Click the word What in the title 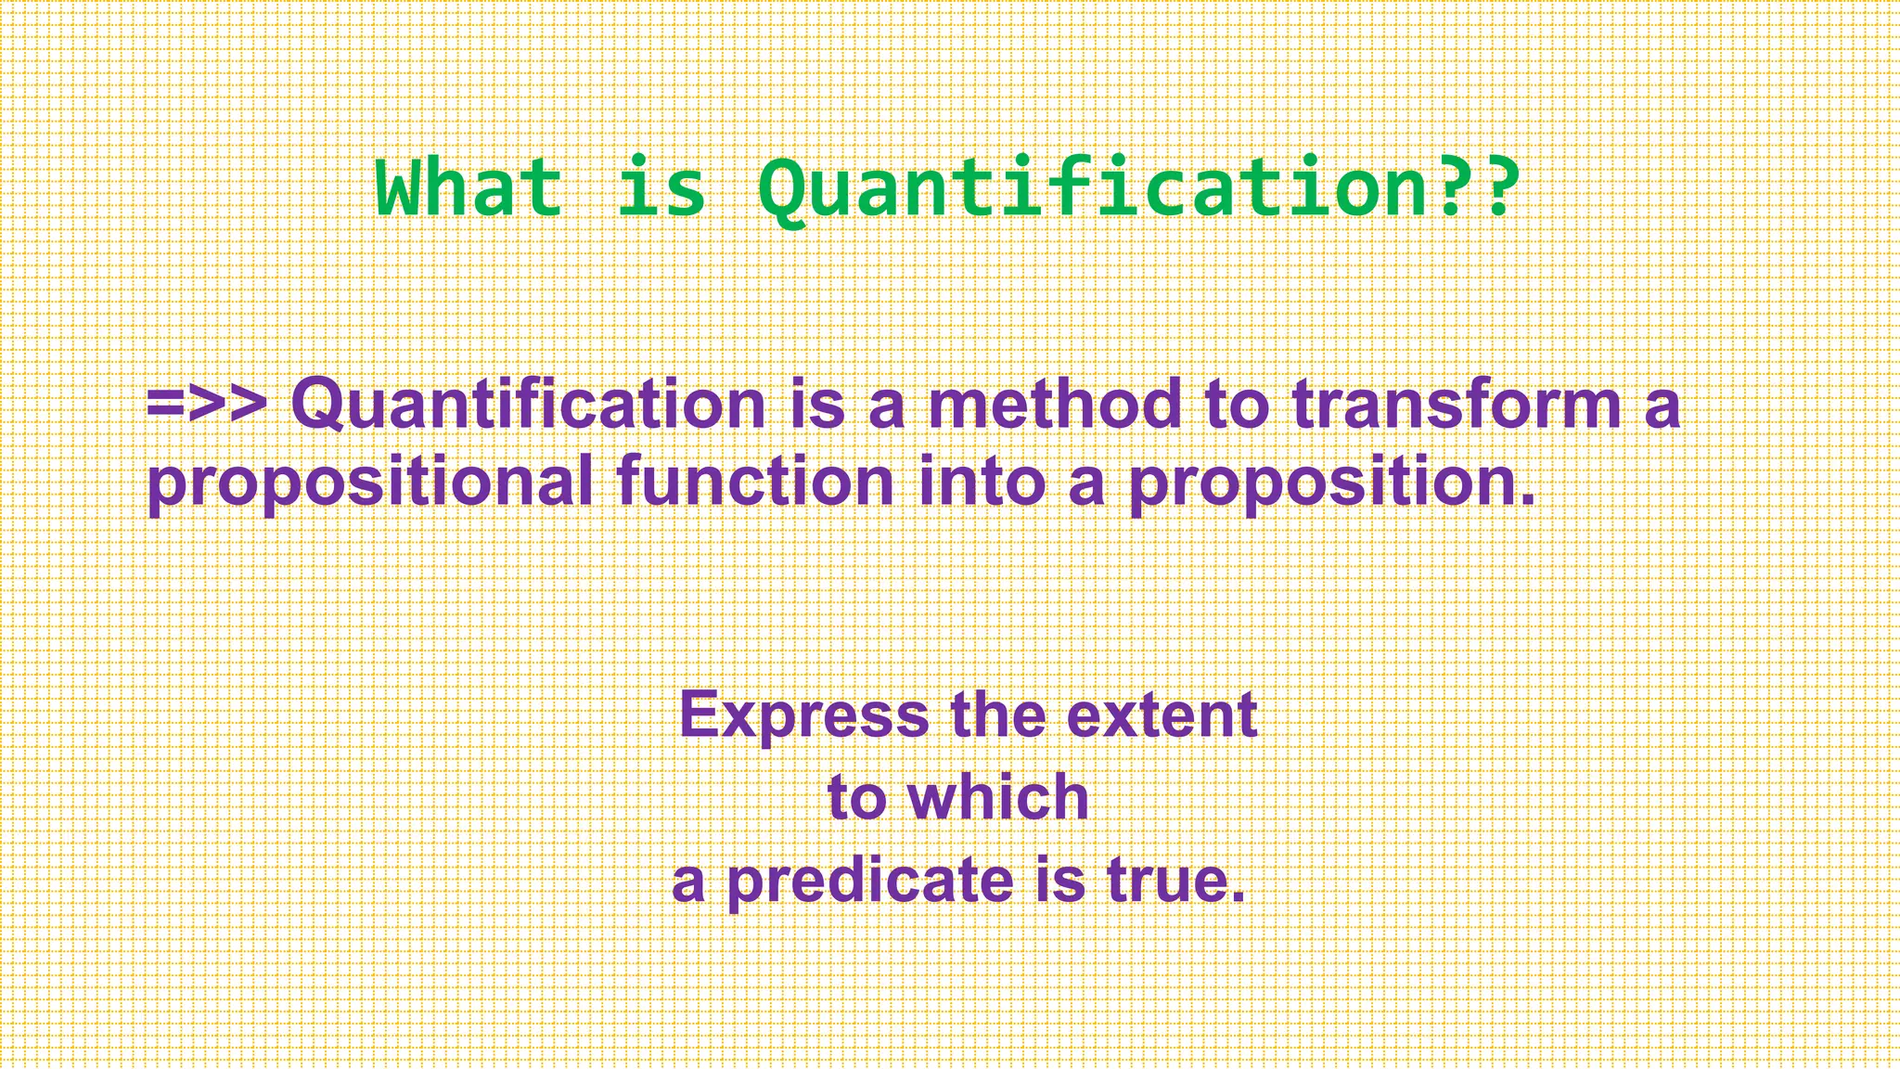469,188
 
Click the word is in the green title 661,188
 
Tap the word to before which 858,799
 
